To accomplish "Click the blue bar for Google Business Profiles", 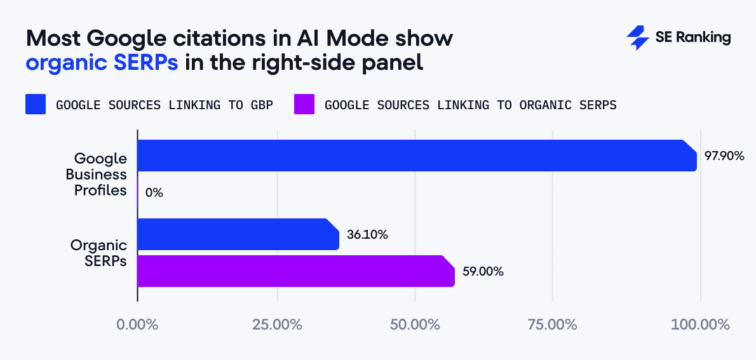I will (417, 156).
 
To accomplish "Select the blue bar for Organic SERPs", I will (238, 234).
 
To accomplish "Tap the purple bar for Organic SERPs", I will (296, 271).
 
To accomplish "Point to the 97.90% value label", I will (724, 156).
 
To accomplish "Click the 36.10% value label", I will (367, 234).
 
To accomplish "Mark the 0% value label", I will (154, 192).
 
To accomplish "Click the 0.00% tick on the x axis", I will (137, 324).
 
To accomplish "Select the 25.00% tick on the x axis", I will (277, 324).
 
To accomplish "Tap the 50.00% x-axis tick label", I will (415, 324).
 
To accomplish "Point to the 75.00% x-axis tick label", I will (553, 324).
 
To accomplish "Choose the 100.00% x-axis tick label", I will (700, 324).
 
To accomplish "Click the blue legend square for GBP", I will (36, 105).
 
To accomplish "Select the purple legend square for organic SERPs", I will (304, 105).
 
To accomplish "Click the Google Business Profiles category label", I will (100, 174).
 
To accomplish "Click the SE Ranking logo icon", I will (637, 38).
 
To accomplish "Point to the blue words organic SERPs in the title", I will (102, 63).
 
